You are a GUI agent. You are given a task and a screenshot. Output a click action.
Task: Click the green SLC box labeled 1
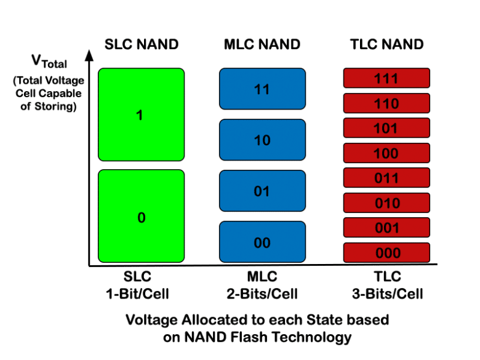click(x=141, y=115)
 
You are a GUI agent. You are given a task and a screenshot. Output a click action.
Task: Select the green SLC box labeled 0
click(x=141, y=217)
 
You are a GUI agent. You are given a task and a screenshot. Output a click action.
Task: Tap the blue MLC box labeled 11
click(x=262, y=89)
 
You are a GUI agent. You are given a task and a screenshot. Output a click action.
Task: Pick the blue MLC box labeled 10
click(x=262, y=140)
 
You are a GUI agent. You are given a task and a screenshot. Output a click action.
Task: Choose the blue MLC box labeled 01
click(x=262, y=191)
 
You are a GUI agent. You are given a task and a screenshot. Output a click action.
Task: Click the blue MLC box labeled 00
click(x=262, y=242)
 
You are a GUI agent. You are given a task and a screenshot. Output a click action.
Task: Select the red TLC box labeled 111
click(x=386, y=78)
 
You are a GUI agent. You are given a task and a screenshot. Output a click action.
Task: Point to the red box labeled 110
click(x=386, y=103)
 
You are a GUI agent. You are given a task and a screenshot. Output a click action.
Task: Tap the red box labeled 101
click(x=386, y=128)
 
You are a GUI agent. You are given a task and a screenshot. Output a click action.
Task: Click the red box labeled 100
click(x=386, y=153)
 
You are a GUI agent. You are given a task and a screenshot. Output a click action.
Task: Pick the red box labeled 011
click(x=386, y=178)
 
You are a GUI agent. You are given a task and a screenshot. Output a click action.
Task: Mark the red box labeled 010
click(x=386, y=202)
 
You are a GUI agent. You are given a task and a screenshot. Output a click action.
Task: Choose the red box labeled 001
click(x=386, y=227)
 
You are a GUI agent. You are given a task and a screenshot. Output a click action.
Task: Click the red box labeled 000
click(x=386, y=252)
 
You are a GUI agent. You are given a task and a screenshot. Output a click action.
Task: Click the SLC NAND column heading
click(x=141, y=44)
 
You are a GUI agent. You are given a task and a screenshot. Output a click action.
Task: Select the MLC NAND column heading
click(x=262, y=44)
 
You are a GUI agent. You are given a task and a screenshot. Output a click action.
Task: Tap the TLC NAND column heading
click(x=386, y=44)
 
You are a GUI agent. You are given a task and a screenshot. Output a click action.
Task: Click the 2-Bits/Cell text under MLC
click(x=262, y=293)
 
